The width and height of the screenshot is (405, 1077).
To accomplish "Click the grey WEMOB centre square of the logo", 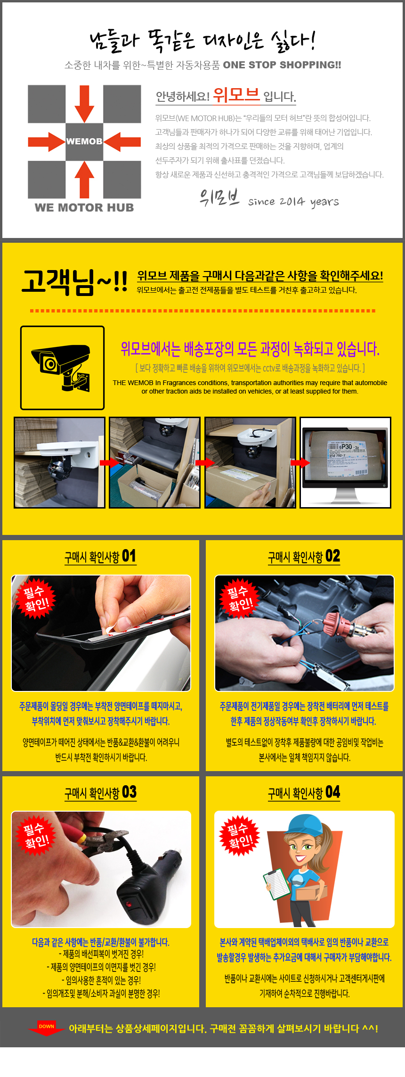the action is [84, 141].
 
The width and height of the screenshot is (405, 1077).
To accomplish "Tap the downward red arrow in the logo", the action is [84, 104].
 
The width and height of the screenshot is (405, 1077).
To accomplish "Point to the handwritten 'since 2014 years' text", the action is [293, 202].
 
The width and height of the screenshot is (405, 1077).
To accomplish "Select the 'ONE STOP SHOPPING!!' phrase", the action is [282, 65].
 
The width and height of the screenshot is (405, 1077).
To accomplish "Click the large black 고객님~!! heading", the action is [74, 282].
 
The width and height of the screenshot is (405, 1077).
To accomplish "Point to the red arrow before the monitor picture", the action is [300, 462].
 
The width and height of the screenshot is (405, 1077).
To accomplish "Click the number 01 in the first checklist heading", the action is [129, 556].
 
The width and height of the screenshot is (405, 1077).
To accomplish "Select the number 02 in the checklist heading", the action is [332, 556].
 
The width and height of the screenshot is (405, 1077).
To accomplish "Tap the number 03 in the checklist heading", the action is [129, 792].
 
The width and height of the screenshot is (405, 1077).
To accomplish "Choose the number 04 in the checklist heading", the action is [332, 792].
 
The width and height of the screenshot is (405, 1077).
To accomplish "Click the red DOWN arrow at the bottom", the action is [46, 1028].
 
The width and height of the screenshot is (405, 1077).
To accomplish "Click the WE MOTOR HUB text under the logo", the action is [84, 207].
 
